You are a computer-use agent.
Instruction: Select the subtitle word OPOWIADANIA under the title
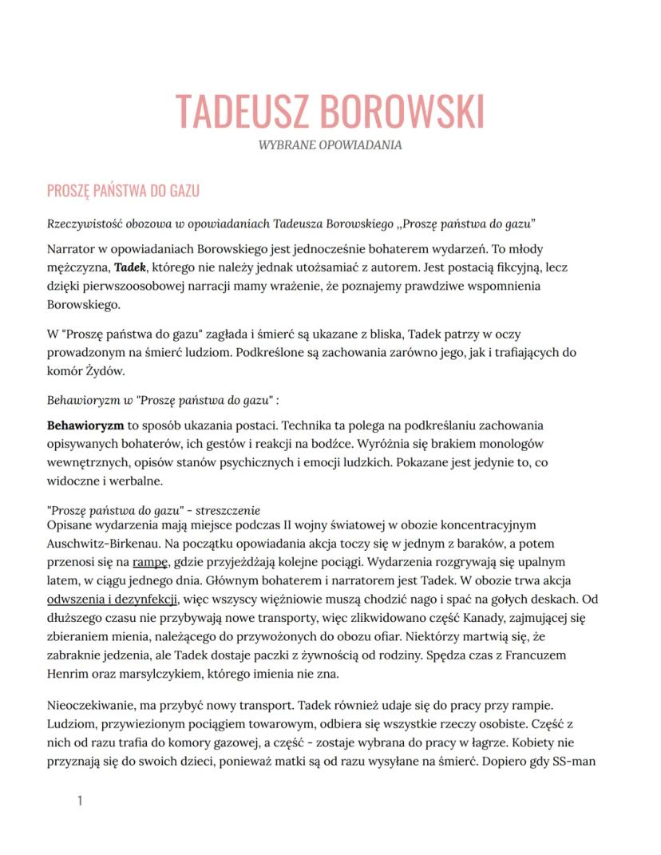coord(363,145)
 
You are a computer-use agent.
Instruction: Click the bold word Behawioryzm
coord(85,426)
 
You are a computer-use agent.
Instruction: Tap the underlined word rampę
coord(150,561)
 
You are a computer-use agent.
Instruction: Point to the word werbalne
coord(133,481)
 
